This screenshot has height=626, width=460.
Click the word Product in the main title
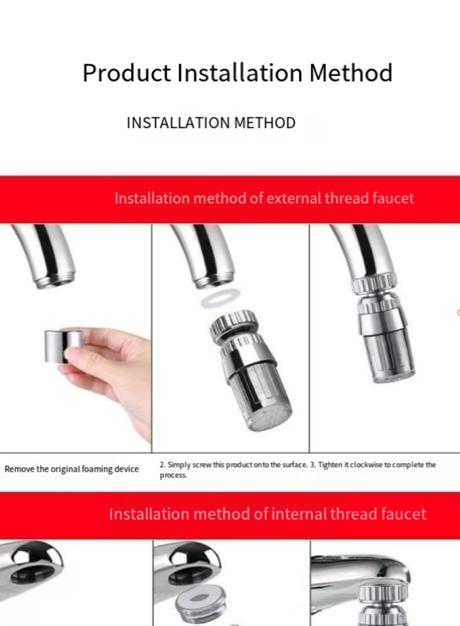pyautogui.click(x=126, y=73)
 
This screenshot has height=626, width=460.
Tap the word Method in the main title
pyautogui.click(x=351, y=72)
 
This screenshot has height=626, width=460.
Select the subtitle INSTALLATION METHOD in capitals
pyautogui.click(x=211, y=123)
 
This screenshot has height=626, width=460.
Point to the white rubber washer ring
pyautogui.click(x=221, y=299)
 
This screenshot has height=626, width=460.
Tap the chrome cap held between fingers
pyautogui.click(x=64, y=346)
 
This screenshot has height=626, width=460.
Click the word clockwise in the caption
pyautogui.click(x=366, y=465)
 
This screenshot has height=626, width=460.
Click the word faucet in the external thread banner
pyautogui.click(x=393, y=198)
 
